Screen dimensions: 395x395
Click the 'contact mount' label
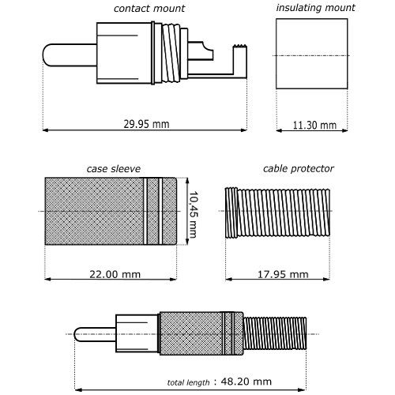[x=149, y=9]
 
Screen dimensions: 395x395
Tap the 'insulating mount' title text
[x=315, y=8]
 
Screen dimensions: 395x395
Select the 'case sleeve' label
[x=114, y=169]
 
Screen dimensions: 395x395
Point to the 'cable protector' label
[x=299, y=169]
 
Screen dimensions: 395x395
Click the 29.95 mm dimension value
[x=146, y=124]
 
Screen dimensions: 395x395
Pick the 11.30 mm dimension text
[x=314, y=125]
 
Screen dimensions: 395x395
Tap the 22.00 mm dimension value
[x=115, y=274]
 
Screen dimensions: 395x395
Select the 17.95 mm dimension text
[x=283, y=274]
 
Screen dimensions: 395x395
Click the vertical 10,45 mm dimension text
[x=194, y=215]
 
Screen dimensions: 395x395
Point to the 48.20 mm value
[x=246, y=382]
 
